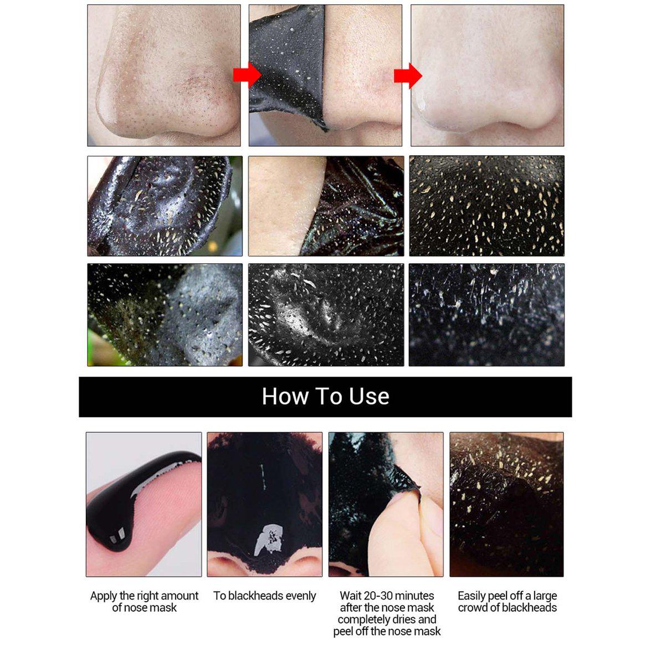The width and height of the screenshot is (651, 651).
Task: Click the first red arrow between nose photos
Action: coord(247,75)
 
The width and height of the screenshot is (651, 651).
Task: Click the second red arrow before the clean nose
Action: coord(408,76)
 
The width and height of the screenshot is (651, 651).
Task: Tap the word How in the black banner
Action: coord(285,396)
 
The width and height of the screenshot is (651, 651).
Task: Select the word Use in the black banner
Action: coord(369,396)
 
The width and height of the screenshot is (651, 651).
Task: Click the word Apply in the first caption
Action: coord(104,596)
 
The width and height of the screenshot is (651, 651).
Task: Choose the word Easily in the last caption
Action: coord(471,596)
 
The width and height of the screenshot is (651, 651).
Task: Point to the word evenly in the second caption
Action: coord(302,596)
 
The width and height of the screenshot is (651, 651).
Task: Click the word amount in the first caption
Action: coord(181,596)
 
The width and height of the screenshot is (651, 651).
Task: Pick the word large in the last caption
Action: coord(544,596)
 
